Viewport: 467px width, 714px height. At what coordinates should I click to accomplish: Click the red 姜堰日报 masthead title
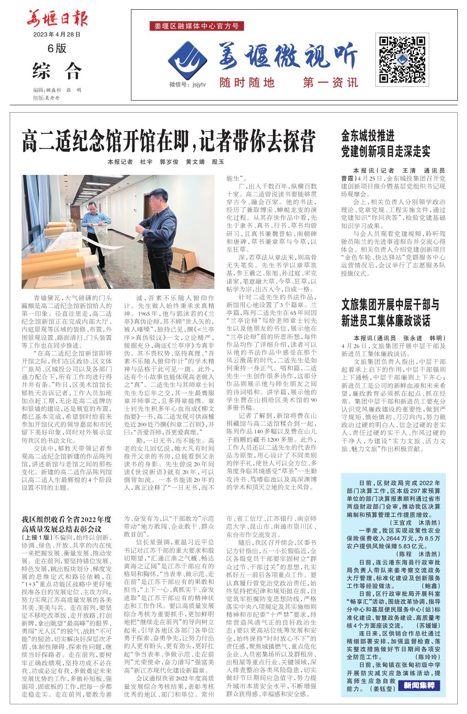click(57, 19)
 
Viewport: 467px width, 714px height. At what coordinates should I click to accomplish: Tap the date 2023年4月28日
click(57, 34)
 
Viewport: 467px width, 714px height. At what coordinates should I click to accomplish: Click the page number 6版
click(57, 48)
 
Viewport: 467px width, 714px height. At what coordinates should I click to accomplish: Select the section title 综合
click(57, 71)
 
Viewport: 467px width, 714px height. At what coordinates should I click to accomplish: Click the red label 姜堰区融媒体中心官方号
click(197, 26)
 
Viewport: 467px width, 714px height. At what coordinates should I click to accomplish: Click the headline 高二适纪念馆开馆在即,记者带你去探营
click(169, 141)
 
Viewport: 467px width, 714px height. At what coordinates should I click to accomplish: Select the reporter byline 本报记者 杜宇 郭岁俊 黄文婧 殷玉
click(166, 162)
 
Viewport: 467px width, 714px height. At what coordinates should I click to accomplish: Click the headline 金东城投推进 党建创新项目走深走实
click(385, 144)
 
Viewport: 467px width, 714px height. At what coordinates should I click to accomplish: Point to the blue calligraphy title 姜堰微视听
click(289, 57)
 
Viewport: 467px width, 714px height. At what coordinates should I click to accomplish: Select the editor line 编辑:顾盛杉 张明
click(57, 90)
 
